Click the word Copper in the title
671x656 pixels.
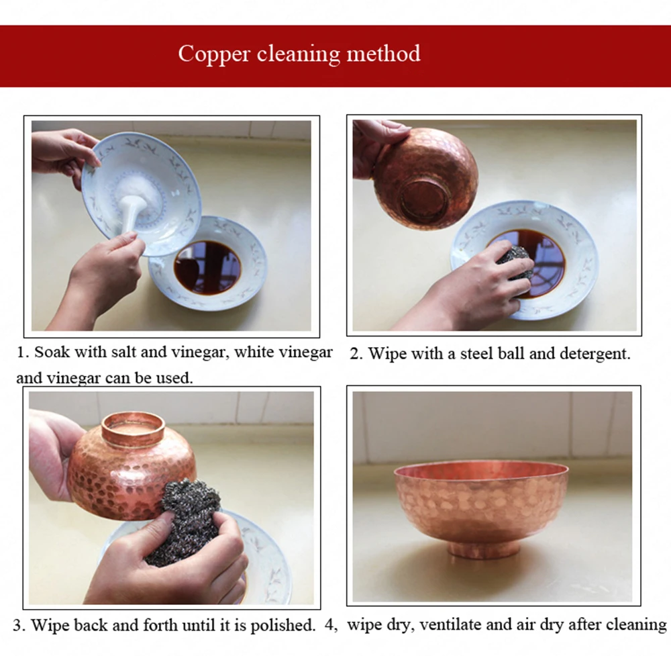tap(213, 54)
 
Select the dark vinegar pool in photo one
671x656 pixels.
tap(207, 267)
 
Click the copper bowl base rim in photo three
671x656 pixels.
tap(133, 428)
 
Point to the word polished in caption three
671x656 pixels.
tap(282, 626)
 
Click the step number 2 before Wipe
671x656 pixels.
tap(354, 355)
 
